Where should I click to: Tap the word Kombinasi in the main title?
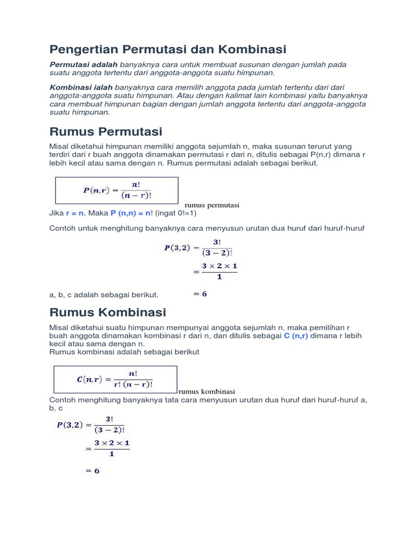252,49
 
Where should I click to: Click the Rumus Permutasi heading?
106,132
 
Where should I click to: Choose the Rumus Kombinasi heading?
108,312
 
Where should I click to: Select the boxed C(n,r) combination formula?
115,379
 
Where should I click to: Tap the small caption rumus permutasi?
212,205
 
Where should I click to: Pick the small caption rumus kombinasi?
206,391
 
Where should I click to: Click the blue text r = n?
75,213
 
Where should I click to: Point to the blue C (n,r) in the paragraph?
296,336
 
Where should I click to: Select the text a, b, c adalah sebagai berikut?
104,294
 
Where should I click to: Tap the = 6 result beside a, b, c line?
200,294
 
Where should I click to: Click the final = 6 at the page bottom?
92,471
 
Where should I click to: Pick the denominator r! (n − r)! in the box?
133,384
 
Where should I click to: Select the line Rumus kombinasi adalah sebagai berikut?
124,352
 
